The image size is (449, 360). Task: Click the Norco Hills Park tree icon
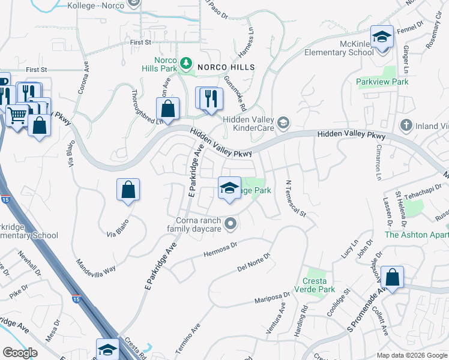pyautogui.click(x=187, y=62)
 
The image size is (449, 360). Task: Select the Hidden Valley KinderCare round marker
pyautogui.click(x=284, y=123)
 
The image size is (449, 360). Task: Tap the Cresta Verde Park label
pyautogui.click(x=315, y=285)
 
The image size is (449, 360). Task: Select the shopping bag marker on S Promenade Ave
pyautogui.click(x=391, y=277)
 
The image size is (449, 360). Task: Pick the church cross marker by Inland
pyautogui.click(x=406, y=125)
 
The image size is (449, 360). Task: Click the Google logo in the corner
pyautogui.click(x=20, y=353)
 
